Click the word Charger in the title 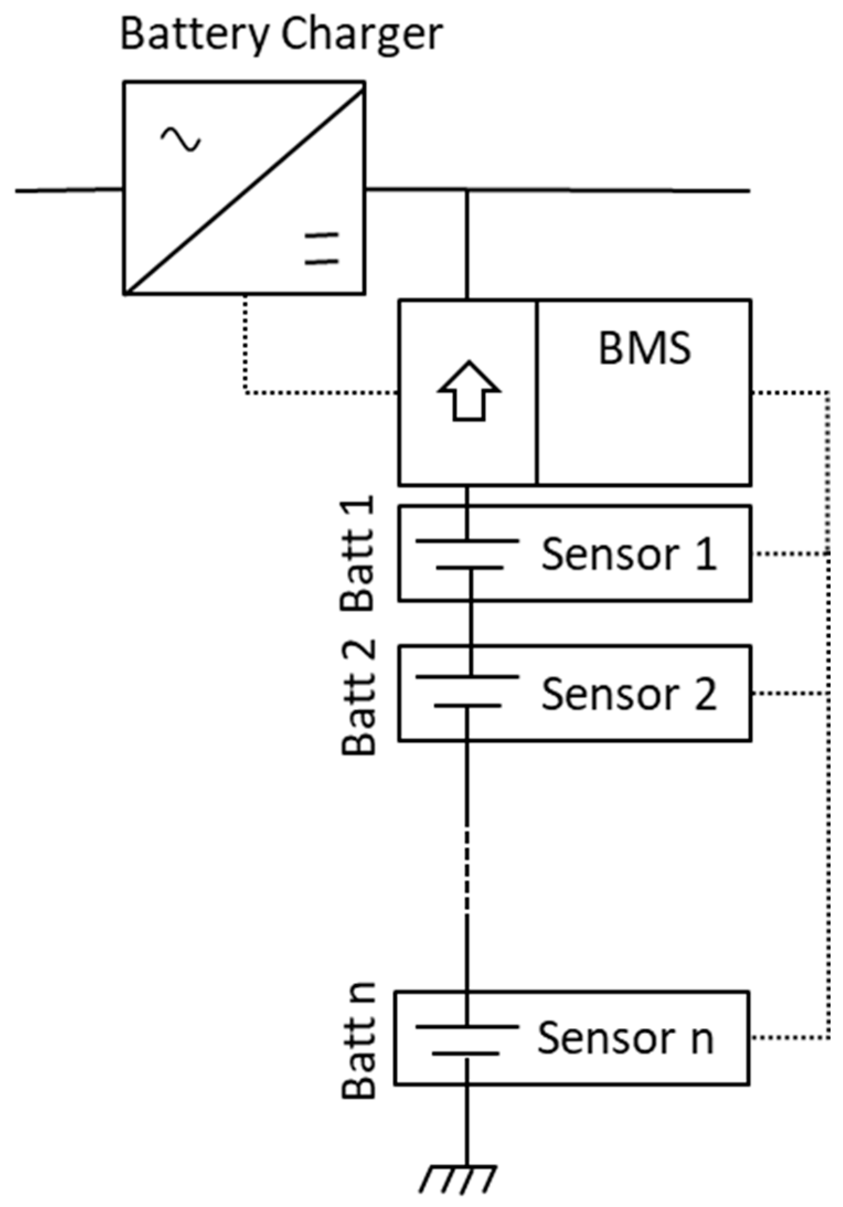[x=361, y=34]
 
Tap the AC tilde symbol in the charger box [x=180, y=139]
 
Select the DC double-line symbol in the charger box [x=322, y=248]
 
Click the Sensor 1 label [x=629, y=554]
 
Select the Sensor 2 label [x=629, y=693]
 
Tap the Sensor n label [x=626, y=1038]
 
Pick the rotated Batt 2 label [x=359, y=696]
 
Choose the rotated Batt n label [x=359, y=1041]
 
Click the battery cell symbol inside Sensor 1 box [x=468, y=554]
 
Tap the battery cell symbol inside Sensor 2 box [x=467, y=690]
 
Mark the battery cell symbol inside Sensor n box [x=467, y=1040]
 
